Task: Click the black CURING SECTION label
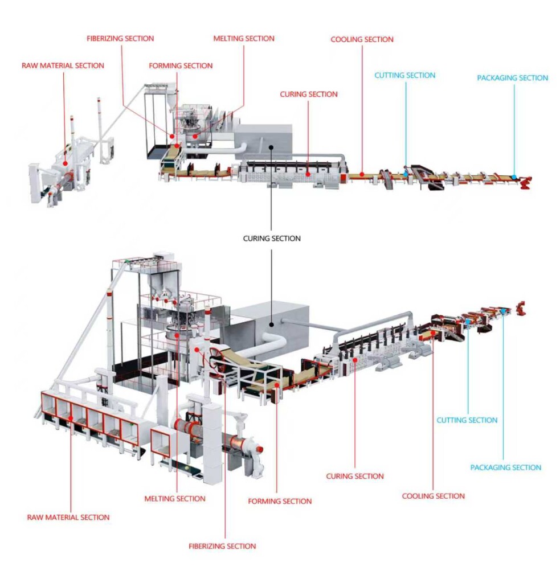[272, 239]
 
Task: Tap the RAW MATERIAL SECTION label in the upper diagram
[63, 65]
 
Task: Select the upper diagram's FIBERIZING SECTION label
[120, 39]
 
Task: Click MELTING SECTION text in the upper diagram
[244, 39]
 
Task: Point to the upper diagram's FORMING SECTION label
[181, 66]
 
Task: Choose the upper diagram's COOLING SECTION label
[362, 40]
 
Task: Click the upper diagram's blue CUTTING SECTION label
[404, 75]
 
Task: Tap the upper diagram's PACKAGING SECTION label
[512, 78]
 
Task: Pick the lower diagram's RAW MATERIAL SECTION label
[68, 518]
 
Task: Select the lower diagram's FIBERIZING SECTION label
[222, 546]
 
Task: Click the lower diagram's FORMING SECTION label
[280, 502]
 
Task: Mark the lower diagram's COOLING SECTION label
[433, 496]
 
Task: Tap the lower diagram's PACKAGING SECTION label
[505, 467]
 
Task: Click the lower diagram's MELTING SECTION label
[175, 499]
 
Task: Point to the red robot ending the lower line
[520, 308]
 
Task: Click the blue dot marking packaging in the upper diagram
[514, 177]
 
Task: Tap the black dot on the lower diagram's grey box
[272, 323]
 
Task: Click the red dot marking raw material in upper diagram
[66, 163]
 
